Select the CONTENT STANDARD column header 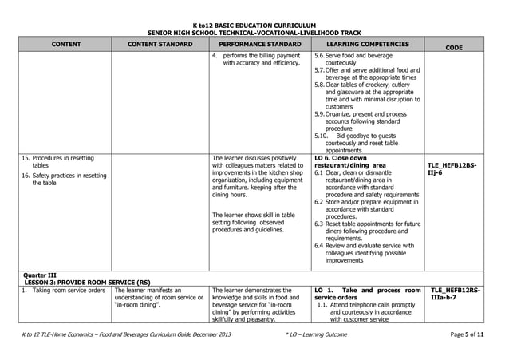160,45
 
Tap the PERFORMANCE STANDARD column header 260,45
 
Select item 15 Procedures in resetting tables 57,161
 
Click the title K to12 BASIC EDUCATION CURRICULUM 254,25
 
